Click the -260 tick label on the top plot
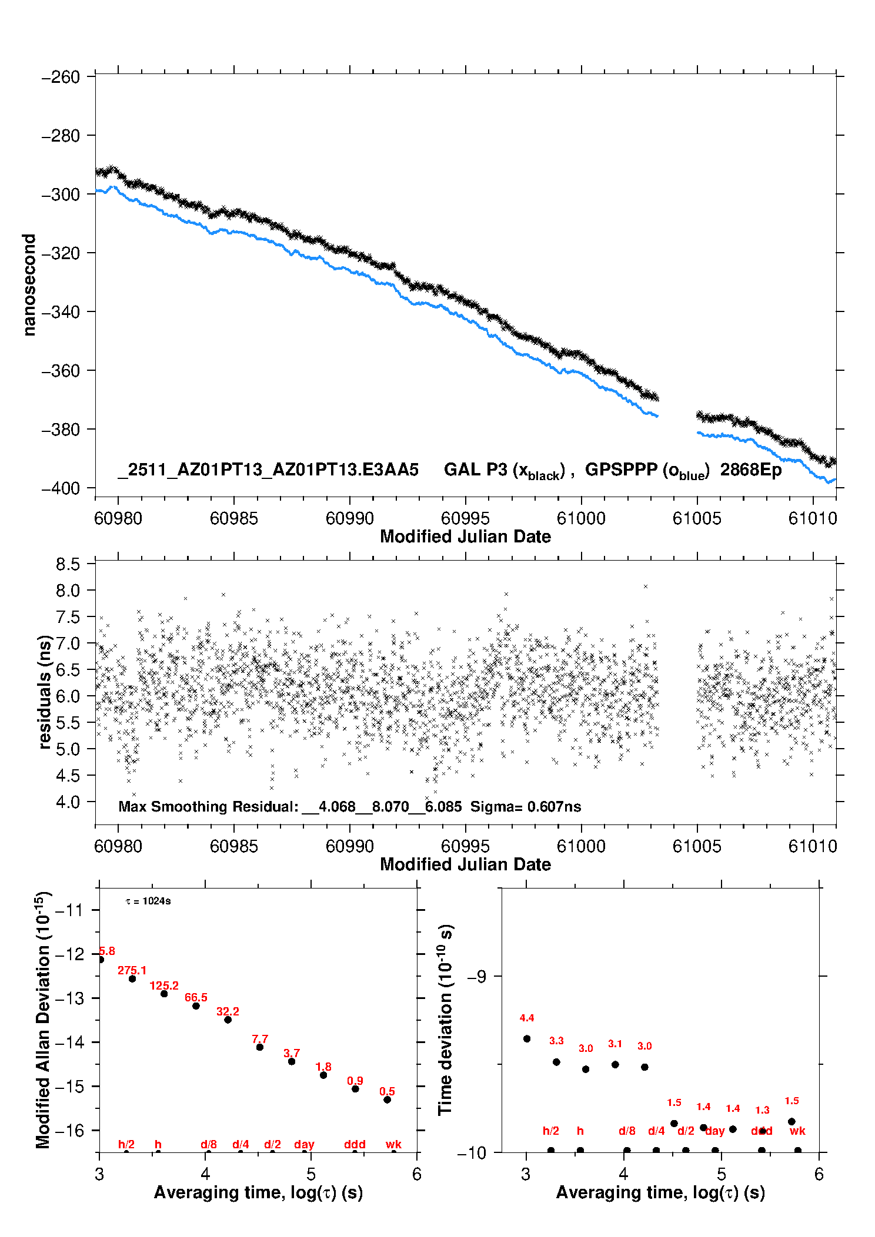pyautogui.click(x=61, y=77)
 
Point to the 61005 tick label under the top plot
pyautogui.click(x=697, y=518)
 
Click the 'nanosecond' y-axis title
pyautogui.click(x=29, y=285)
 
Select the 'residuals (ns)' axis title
pyautogui.click(x=45, y=692)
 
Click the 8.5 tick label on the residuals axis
pyautogui.click(x=68, y=565)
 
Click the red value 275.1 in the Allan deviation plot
pyautogui.click(x=132, y=970)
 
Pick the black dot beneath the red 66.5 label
pyautogui.click(x=196, y=1006)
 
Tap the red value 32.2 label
pyautogui.click(x=228, y=1011)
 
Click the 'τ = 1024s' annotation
pyautogui.click(x=148, y=901)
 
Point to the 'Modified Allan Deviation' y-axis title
pyautogui.click(x=44, y=1020)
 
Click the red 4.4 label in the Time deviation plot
pyautogui.click(x=527, y=1018)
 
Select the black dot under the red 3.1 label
pyautogui.click(x=615, y=1064)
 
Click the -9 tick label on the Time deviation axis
pyautogui.click(x=476, y=977)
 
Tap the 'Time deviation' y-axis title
pyautogui.click(x=446, y=1020)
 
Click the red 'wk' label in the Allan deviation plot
pyautogui.click(x=393, y=1144)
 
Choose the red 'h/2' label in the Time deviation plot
pyautogui.click(x=550, y=1131)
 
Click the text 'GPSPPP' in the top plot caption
pyautogui.click(x=621, y=470)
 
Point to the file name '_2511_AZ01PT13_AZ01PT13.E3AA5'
pyautogui.click(x=268, y=470)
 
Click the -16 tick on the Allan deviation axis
pyautogui.click(x=69, y=1130)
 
